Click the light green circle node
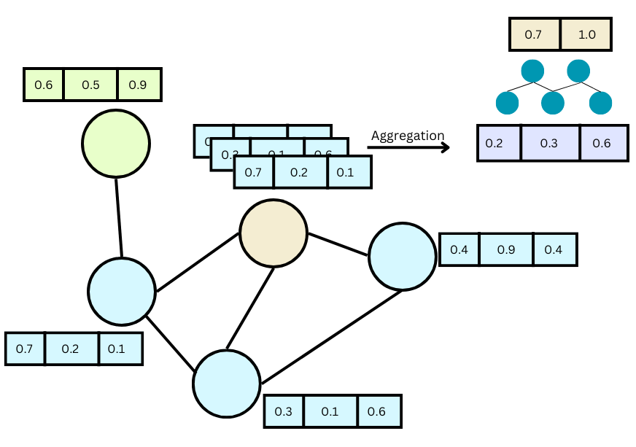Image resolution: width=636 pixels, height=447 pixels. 115,144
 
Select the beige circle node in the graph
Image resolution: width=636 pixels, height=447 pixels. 274,233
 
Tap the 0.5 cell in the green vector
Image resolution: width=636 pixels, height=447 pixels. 90,85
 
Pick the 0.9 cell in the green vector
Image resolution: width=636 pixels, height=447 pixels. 138,85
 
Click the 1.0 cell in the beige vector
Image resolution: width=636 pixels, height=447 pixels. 585,35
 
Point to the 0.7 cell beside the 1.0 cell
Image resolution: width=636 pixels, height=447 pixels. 534,35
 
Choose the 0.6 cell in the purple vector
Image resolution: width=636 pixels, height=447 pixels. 602,143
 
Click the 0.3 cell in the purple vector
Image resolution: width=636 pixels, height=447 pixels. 549,143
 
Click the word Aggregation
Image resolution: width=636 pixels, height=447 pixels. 407,136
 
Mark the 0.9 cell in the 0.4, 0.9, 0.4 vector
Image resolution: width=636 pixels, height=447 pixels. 506,249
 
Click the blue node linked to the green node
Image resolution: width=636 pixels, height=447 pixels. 122,291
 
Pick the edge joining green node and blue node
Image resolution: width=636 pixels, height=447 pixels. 118,217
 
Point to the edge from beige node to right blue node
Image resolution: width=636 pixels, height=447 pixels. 338,245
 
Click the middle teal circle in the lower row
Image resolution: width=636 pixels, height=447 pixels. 554,102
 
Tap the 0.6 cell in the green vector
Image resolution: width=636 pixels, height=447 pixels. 44,85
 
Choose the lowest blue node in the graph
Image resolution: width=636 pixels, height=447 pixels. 227,384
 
